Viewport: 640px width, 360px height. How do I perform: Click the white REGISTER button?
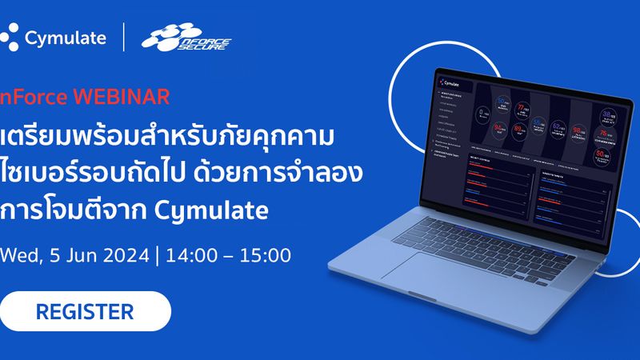[85, 310]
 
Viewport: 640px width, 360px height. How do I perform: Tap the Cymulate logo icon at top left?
[10, 38]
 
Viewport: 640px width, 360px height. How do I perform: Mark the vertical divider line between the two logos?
[124, 38]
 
